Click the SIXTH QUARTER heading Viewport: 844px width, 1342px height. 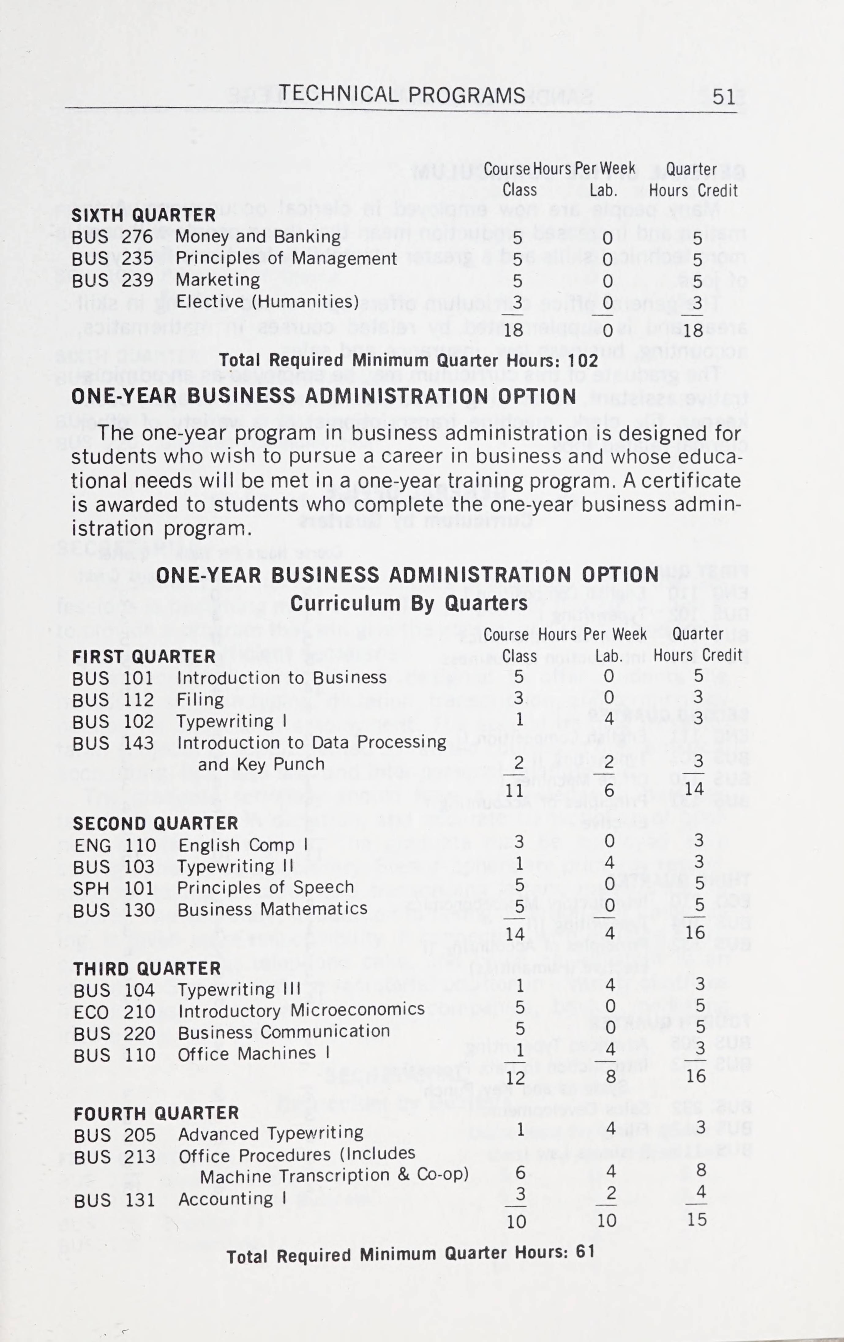click(143, 215)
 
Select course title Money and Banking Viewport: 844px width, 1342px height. click(258, 237)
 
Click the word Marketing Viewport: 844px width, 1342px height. click(218, 280)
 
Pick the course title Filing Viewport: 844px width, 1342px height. click(200, 699)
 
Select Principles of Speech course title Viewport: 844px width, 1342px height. click(266, 887)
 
